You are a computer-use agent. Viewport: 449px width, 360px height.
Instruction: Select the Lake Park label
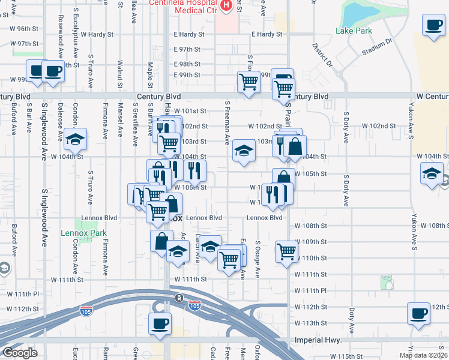click(x=354, y=31)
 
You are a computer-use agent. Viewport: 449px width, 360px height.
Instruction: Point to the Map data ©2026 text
click(x=424, y=355)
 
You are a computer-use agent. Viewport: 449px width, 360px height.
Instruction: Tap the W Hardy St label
click(x=91, y=35)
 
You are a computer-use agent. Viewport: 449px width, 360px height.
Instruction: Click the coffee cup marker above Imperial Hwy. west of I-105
click(x=160, y=324)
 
